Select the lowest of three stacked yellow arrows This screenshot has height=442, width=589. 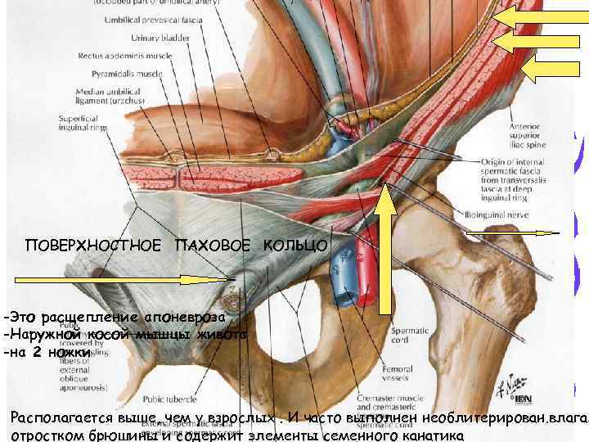[x=553, y=70]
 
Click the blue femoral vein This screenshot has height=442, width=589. [x=339, y=270]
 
